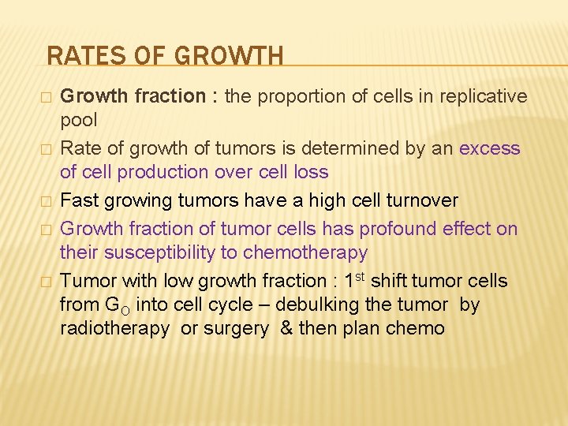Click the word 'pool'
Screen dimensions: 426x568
coord(79,121)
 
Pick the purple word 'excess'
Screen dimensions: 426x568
coord(489,148)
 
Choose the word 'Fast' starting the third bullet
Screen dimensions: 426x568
coord(79,200)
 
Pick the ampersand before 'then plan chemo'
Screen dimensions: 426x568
coord(286,329)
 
